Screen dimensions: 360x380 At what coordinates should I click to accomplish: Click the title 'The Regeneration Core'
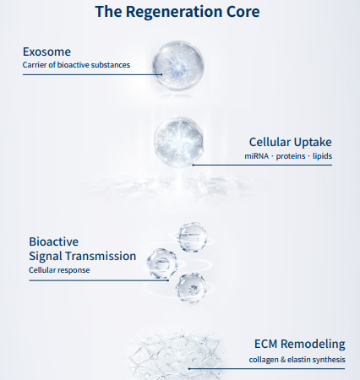177,12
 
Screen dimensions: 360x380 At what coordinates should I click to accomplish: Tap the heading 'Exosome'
46,52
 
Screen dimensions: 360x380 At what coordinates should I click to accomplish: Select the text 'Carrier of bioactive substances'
76,65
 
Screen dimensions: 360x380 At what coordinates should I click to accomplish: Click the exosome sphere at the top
178,65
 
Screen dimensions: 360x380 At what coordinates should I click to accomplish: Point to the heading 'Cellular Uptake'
291,142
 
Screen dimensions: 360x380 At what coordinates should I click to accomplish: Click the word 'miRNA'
256,156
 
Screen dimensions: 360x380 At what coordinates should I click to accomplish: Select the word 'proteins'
291,156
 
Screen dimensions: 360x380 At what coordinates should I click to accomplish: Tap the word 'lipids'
323,156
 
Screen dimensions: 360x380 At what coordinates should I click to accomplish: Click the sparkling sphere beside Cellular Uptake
179,142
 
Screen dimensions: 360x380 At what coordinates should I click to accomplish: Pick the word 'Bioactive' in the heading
54,242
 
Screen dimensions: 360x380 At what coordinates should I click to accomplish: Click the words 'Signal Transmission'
83,256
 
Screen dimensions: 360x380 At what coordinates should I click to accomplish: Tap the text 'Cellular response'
59,270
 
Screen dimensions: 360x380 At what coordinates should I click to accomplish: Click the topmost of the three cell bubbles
192,237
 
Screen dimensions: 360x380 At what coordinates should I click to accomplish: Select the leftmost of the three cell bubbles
162,263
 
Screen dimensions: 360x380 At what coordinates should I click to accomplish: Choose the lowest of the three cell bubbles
191,288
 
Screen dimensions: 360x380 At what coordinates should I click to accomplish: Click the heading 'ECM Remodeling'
300,344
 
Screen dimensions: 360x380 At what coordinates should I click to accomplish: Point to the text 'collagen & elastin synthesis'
297,360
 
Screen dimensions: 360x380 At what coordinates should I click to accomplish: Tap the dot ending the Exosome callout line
161,74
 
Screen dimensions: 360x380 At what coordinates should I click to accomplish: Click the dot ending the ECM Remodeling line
189,368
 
